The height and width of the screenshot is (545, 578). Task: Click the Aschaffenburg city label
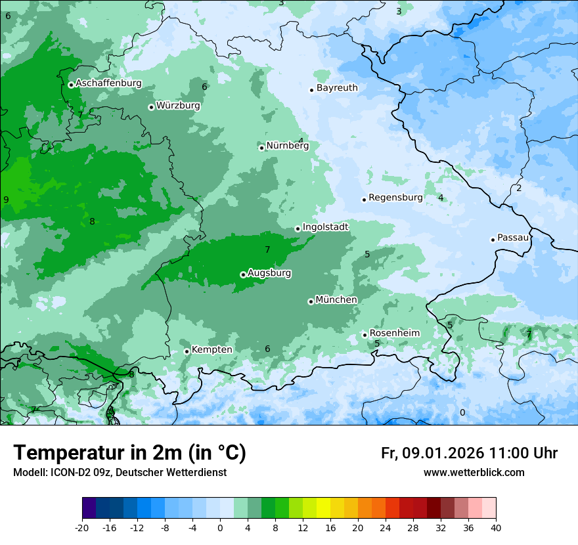coord(108,83)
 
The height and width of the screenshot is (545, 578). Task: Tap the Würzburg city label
coord(178,106)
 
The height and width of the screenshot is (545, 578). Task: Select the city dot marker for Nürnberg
coord(261,148)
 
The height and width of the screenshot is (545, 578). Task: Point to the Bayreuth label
coord(337,88)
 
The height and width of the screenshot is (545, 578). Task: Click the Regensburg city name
coord(395,198)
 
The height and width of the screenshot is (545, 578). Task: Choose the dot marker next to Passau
coord(493,240)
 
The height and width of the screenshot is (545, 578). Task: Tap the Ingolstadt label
coord(325,227)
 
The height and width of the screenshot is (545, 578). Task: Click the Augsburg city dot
coord(243,274)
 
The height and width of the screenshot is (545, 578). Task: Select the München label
coord(336,300)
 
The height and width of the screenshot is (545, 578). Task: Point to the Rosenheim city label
coord(394,334)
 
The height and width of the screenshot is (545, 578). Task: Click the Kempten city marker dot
coord(187,351)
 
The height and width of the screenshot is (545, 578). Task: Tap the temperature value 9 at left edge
coord(6,200)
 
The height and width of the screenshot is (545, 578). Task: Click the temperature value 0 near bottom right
coord(462,412)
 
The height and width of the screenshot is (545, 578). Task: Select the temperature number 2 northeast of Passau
coord(518,188)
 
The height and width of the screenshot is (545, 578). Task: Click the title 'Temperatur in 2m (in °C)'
coord(129,453)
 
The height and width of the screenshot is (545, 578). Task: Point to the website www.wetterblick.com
coord(474,473)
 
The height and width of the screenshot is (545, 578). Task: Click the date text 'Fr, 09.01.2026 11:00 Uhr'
coord(469,453)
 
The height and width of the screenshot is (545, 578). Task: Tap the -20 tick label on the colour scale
coord(82,528)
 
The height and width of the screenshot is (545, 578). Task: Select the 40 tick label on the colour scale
coord(496,528)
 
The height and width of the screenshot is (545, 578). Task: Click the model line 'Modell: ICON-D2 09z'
coord(120,473)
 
